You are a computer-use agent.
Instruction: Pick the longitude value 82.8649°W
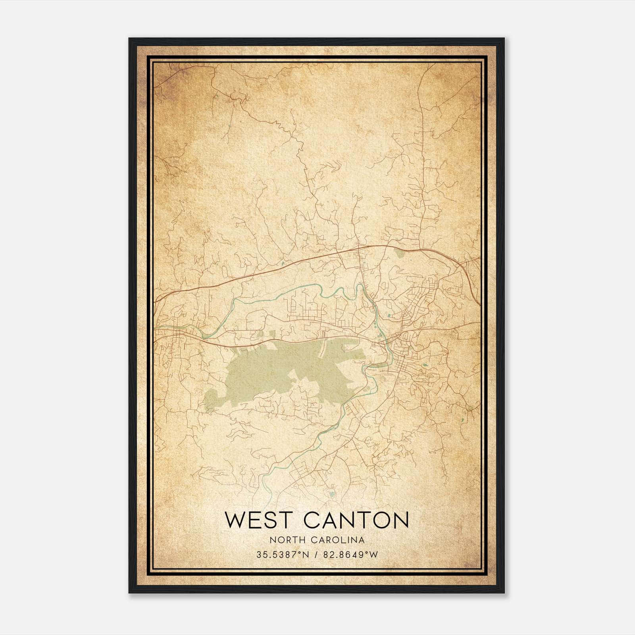click(351, 555)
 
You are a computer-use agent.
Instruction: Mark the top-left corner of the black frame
click(129, 38)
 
